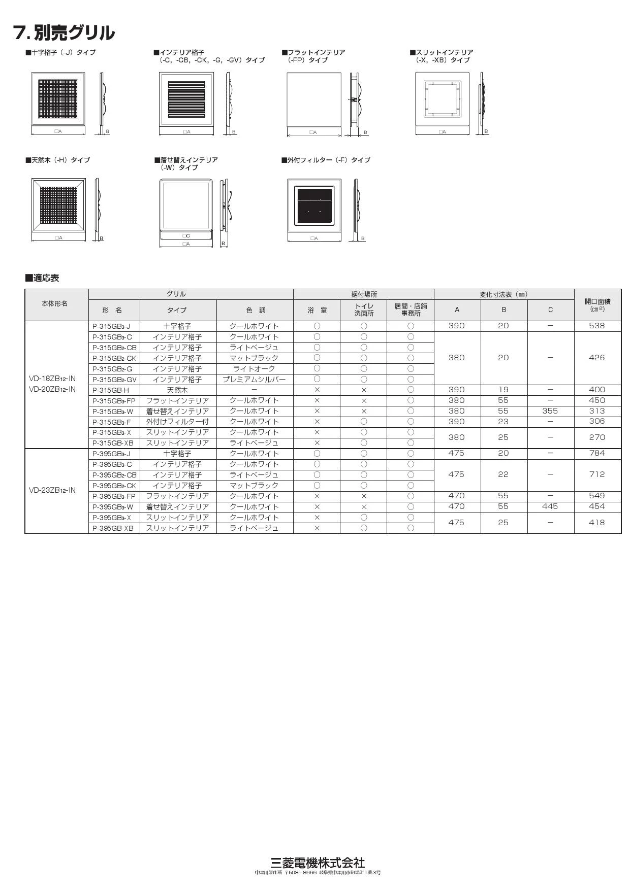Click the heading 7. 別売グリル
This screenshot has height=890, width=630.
tap(64, 33)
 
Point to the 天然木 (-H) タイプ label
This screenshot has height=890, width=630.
tap(57, 160)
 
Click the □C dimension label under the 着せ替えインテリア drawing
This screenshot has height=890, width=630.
tap(186, 236)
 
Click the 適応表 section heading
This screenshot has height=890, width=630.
tap(42, 278)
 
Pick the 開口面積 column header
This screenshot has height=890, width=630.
tap(597, 304)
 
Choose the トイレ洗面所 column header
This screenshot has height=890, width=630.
tap(363, 310)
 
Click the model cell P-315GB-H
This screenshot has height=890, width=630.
tap(111, 390)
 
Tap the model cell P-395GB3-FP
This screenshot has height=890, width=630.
tap(114, 496)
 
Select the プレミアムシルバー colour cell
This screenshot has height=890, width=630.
tap(255, 380)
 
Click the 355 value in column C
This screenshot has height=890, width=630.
tap(550, 411)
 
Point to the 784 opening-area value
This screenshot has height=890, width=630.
tap(597, 453)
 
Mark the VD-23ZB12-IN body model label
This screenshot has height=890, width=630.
tap(52, 490)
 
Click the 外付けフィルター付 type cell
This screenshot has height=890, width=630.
tap(177, 422)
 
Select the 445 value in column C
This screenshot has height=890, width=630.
tap(550, 506)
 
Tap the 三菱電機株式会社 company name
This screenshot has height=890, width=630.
tap(318, 862)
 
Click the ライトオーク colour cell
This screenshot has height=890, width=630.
tap(255, 369)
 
